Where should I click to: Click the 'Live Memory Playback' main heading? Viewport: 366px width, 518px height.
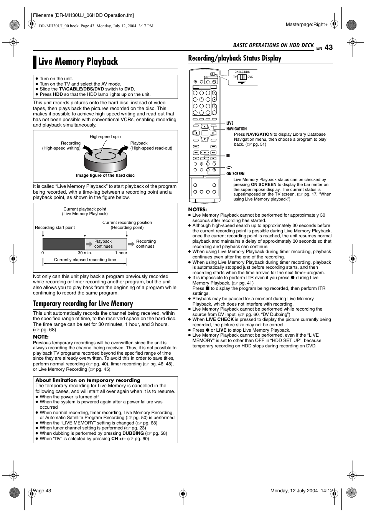click(78, 62)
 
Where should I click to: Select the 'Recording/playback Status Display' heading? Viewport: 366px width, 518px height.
click(234, 58)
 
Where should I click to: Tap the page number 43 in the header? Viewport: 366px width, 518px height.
click(328, 48)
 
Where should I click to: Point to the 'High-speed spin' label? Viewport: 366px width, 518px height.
click(105, 136)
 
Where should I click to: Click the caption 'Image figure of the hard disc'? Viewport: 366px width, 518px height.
click(105, 175)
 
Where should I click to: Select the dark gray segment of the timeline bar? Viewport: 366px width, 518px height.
click(64, 244)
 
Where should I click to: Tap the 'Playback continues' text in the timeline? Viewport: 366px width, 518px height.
click(103, 244)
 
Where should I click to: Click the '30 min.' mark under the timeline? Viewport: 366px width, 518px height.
click(85, 253)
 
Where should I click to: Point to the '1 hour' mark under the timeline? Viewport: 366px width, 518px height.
click(121, 253)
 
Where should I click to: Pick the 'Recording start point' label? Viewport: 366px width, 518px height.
click(55, 227)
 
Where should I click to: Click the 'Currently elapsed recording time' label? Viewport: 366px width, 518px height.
click(85, 260)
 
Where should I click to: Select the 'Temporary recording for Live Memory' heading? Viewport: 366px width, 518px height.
click(83, 304)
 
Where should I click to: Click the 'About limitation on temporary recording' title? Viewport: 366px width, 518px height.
click(88, 380)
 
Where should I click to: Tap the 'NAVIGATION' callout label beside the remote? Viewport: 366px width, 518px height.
click(236, 129)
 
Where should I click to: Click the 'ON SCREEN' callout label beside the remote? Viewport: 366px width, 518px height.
click(235, 174)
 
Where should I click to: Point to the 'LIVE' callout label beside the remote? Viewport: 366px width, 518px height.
click(230, 123)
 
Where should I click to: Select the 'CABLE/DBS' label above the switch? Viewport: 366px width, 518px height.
click(242, 72)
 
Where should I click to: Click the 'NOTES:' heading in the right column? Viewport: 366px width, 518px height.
click(197, 209)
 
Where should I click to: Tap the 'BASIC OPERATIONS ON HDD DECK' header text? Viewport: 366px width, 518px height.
click(273, 45)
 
